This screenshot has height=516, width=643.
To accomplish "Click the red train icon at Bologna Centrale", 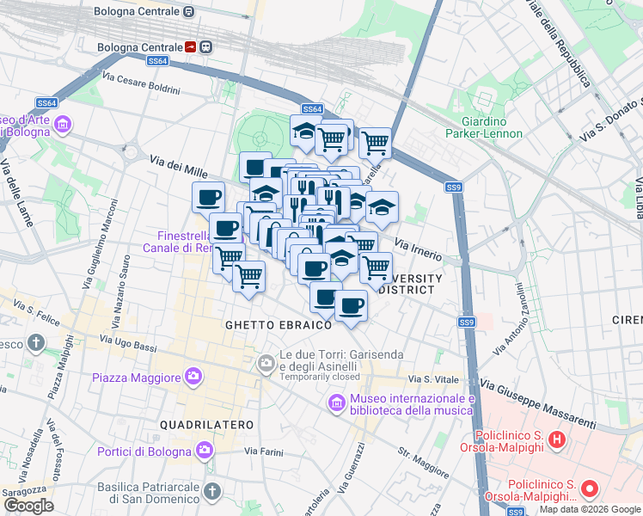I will pos(190,47).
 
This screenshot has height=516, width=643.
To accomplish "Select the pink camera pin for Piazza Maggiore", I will pos(193,377).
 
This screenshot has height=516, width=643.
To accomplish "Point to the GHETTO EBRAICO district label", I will pos(279,325).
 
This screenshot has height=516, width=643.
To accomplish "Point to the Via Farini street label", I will pos(263,451).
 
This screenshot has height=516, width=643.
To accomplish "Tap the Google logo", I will pos(28,506).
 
